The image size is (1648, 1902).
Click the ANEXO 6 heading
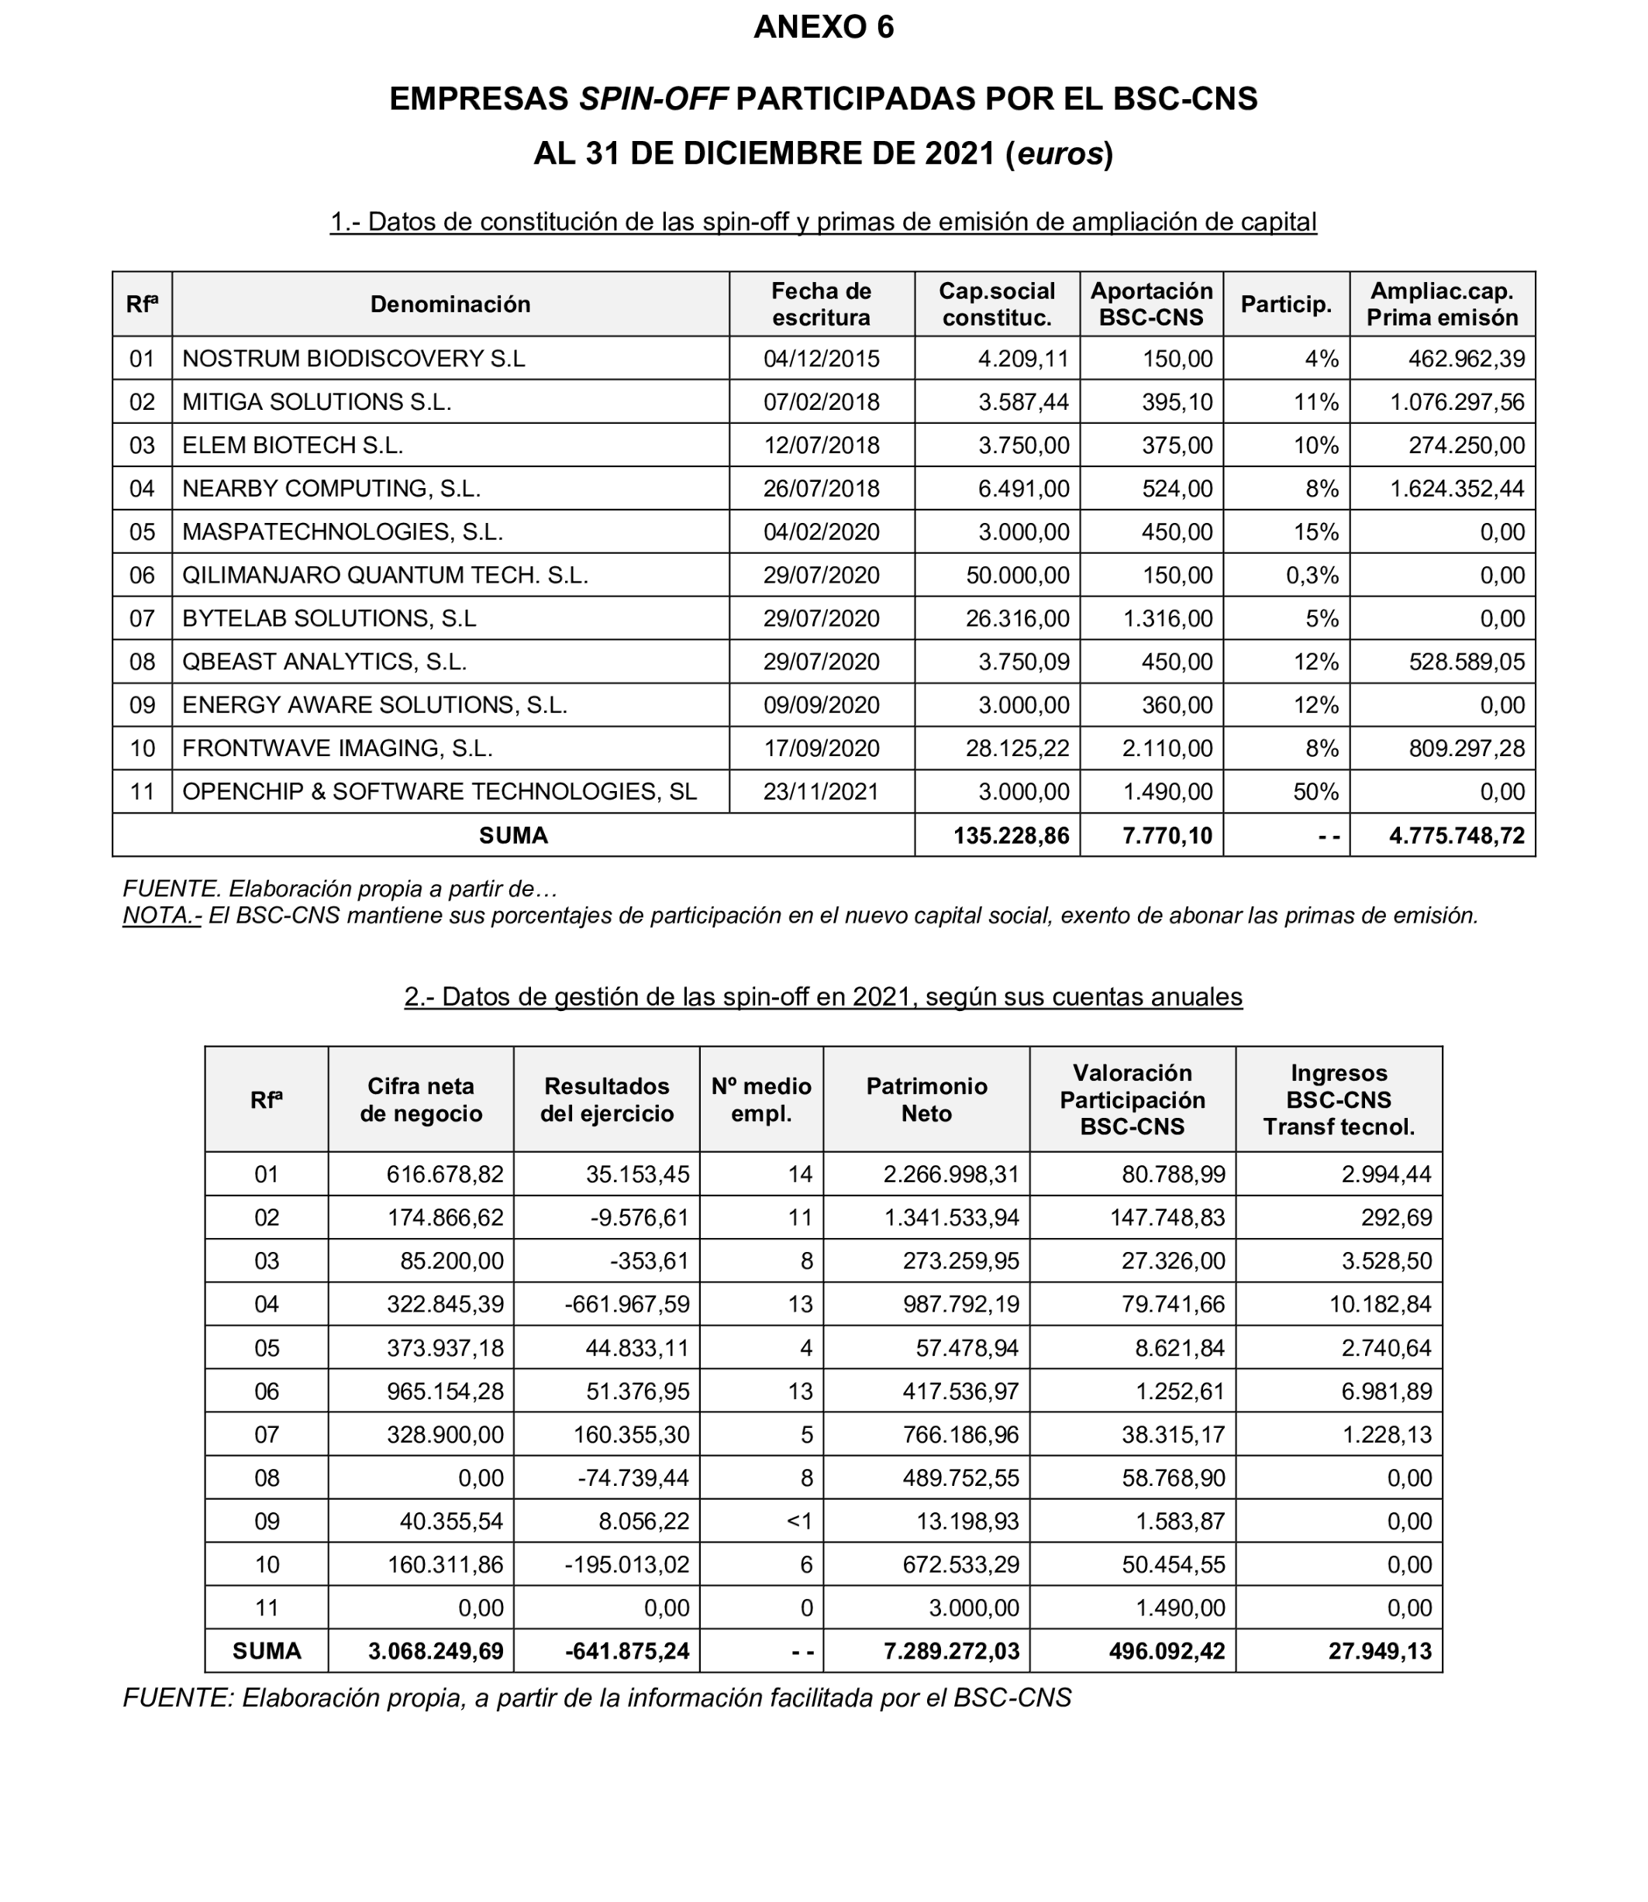(823, 28)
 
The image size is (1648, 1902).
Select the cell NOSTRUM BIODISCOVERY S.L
(353, 359)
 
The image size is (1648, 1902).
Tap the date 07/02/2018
(820, 402)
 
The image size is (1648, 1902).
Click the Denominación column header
(450, 304)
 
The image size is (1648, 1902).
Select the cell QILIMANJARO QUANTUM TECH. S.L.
(384, 576)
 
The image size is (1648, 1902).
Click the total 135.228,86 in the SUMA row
(1011, 836)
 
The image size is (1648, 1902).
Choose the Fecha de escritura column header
(820, 304)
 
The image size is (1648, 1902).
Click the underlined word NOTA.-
(161, 916)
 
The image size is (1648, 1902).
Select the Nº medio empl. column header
(760, 1099)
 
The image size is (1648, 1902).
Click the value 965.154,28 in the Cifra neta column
(444, 1391)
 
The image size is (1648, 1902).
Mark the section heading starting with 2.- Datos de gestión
(823, 996)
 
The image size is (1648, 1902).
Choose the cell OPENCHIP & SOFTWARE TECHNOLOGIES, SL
(439, 792)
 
